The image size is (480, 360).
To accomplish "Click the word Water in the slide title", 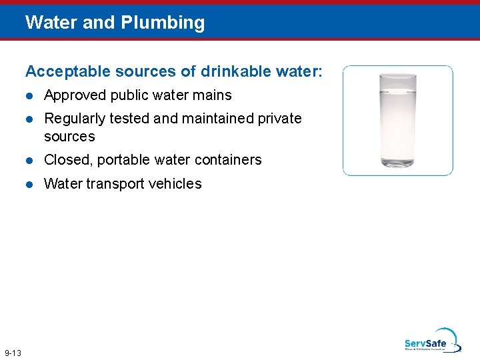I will (x=51, y=23).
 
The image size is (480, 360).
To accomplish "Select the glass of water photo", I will (x=397, y=120).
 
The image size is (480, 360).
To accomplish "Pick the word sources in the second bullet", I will (x=69, y=137).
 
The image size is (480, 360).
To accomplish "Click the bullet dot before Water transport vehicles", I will (x=29, y=184).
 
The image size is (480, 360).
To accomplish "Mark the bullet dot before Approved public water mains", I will (x=29, y=96).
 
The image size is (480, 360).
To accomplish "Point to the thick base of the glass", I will (x=397, y=163).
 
